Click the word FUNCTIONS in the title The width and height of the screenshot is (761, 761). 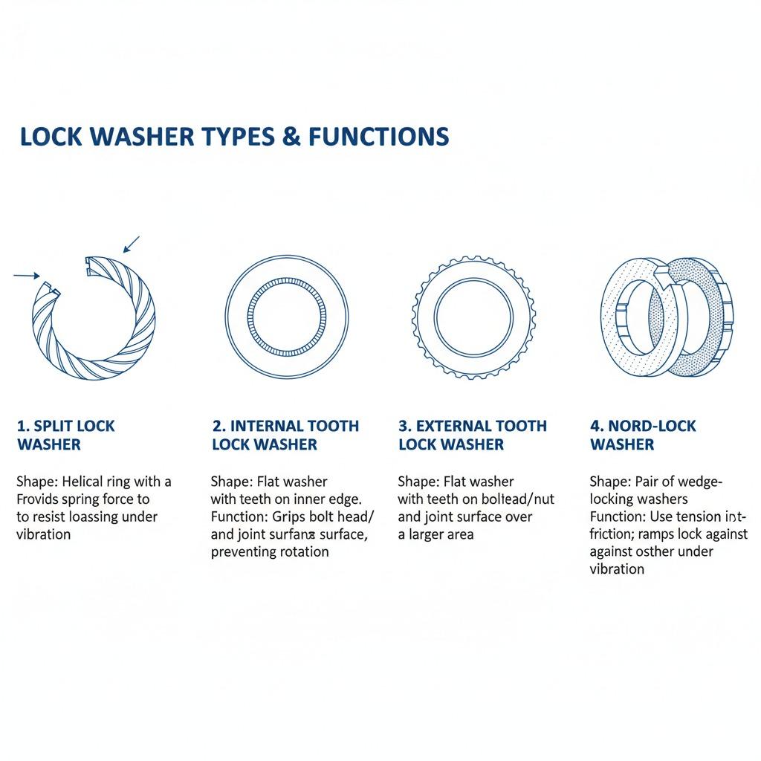[378, 137]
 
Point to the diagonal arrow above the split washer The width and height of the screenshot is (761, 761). [131, 244]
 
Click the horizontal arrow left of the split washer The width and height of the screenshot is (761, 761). [27, 275]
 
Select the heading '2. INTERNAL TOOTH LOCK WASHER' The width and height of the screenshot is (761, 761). [285, 435]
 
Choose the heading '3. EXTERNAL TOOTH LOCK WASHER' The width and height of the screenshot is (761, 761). [473, 435]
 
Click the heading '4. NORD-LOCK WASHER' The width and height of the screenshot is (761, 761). [643, 435]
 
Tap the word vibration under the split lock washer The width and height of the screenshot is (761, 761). [44, 534]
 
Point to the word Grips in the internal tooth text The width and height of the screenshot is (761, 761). [282, 516]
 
